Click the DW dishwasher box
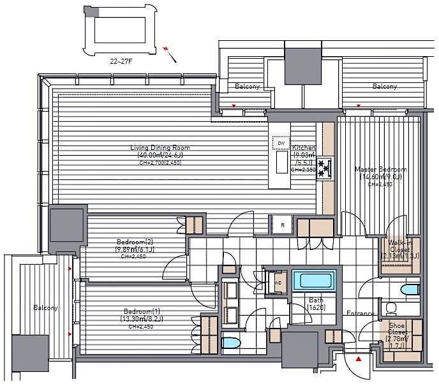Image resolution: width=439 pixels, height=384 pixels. (281, 144)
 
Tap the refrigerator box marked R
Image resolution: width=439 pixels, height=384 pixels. (282, 225)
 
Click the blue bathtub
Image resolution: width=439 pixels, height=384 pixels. (313, 281)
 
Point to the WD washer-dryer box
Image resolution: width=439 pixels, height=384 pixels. (278, 283)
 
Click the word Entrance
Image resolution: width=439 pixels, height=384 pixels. (360, 313)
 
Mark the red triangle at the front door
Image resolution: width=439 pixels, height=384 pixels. (359, 360)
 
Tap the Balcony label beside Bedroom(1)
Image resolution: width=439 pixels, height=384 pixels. (46, 307)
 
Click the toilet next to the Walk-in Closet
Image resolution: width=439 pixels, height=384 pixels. (406, 290)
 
